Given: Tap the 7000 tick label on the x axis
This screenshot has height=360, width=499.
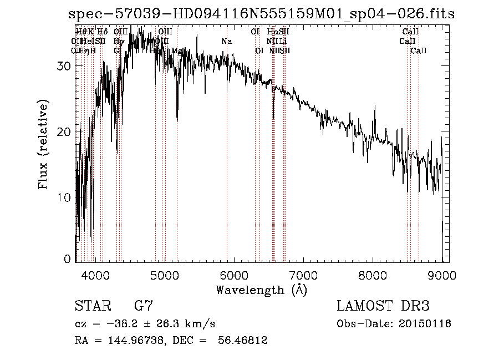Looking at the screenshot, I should coord(303,275).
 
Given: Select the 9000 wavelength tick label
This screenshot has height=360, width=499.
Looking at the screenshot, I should coord(442,275).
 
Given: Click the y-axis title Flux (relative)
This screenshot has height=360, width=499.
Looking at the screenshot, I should coord(43,144).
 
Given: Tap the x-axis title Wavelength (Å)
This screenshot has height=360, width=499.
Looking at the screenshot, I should coord(261,290).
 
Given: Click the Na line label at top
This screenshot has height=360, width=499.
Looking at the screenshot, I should coord(226,42).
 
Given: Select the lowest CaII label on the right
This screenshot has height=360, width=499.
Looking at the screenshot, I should coord(419,50).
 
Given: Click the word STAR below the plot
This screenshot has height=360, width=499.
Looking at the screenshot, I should coord(91,306).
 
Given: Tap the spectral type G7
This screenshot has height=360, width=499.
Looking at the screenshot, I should coord(144,306).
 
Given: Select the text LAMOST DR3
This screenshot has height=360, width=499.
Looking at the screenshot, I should coord(383,306).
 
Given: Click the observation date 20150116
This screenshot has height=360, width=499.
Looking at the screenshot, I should coord(423,324).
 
